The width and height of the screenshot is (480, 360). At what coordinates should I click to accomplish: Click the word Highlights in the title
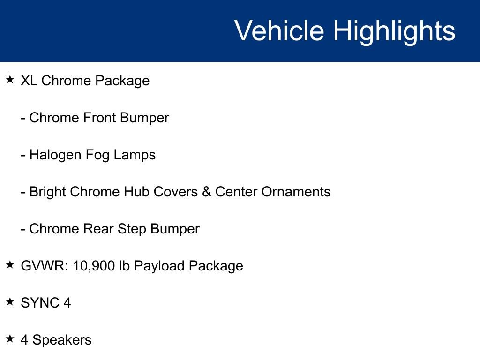[394, 31]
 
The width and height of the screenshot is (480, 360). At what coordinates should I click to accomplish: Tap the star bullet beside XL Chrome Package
[10, 80]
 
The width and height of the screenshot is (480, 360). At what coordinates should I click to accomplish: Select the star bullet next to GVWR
[10, 265]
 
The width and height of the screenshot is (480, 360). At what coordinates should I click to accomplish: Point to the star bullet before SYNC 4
[10, 302]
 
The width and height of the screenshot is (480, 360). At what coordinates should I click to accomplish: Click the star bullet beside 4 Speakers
[10, 339]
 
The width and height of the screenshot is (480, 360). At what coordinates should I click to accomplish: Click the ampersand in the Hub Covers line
[206, 192]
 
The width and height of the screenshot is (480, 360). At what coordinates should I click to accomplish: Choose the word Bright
[47, 192]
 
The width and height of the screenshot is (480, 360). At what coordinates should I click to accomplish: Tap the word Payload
[159, 266]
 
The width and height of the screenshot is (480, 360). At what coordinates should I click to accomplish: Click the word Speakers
[62, 340]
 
